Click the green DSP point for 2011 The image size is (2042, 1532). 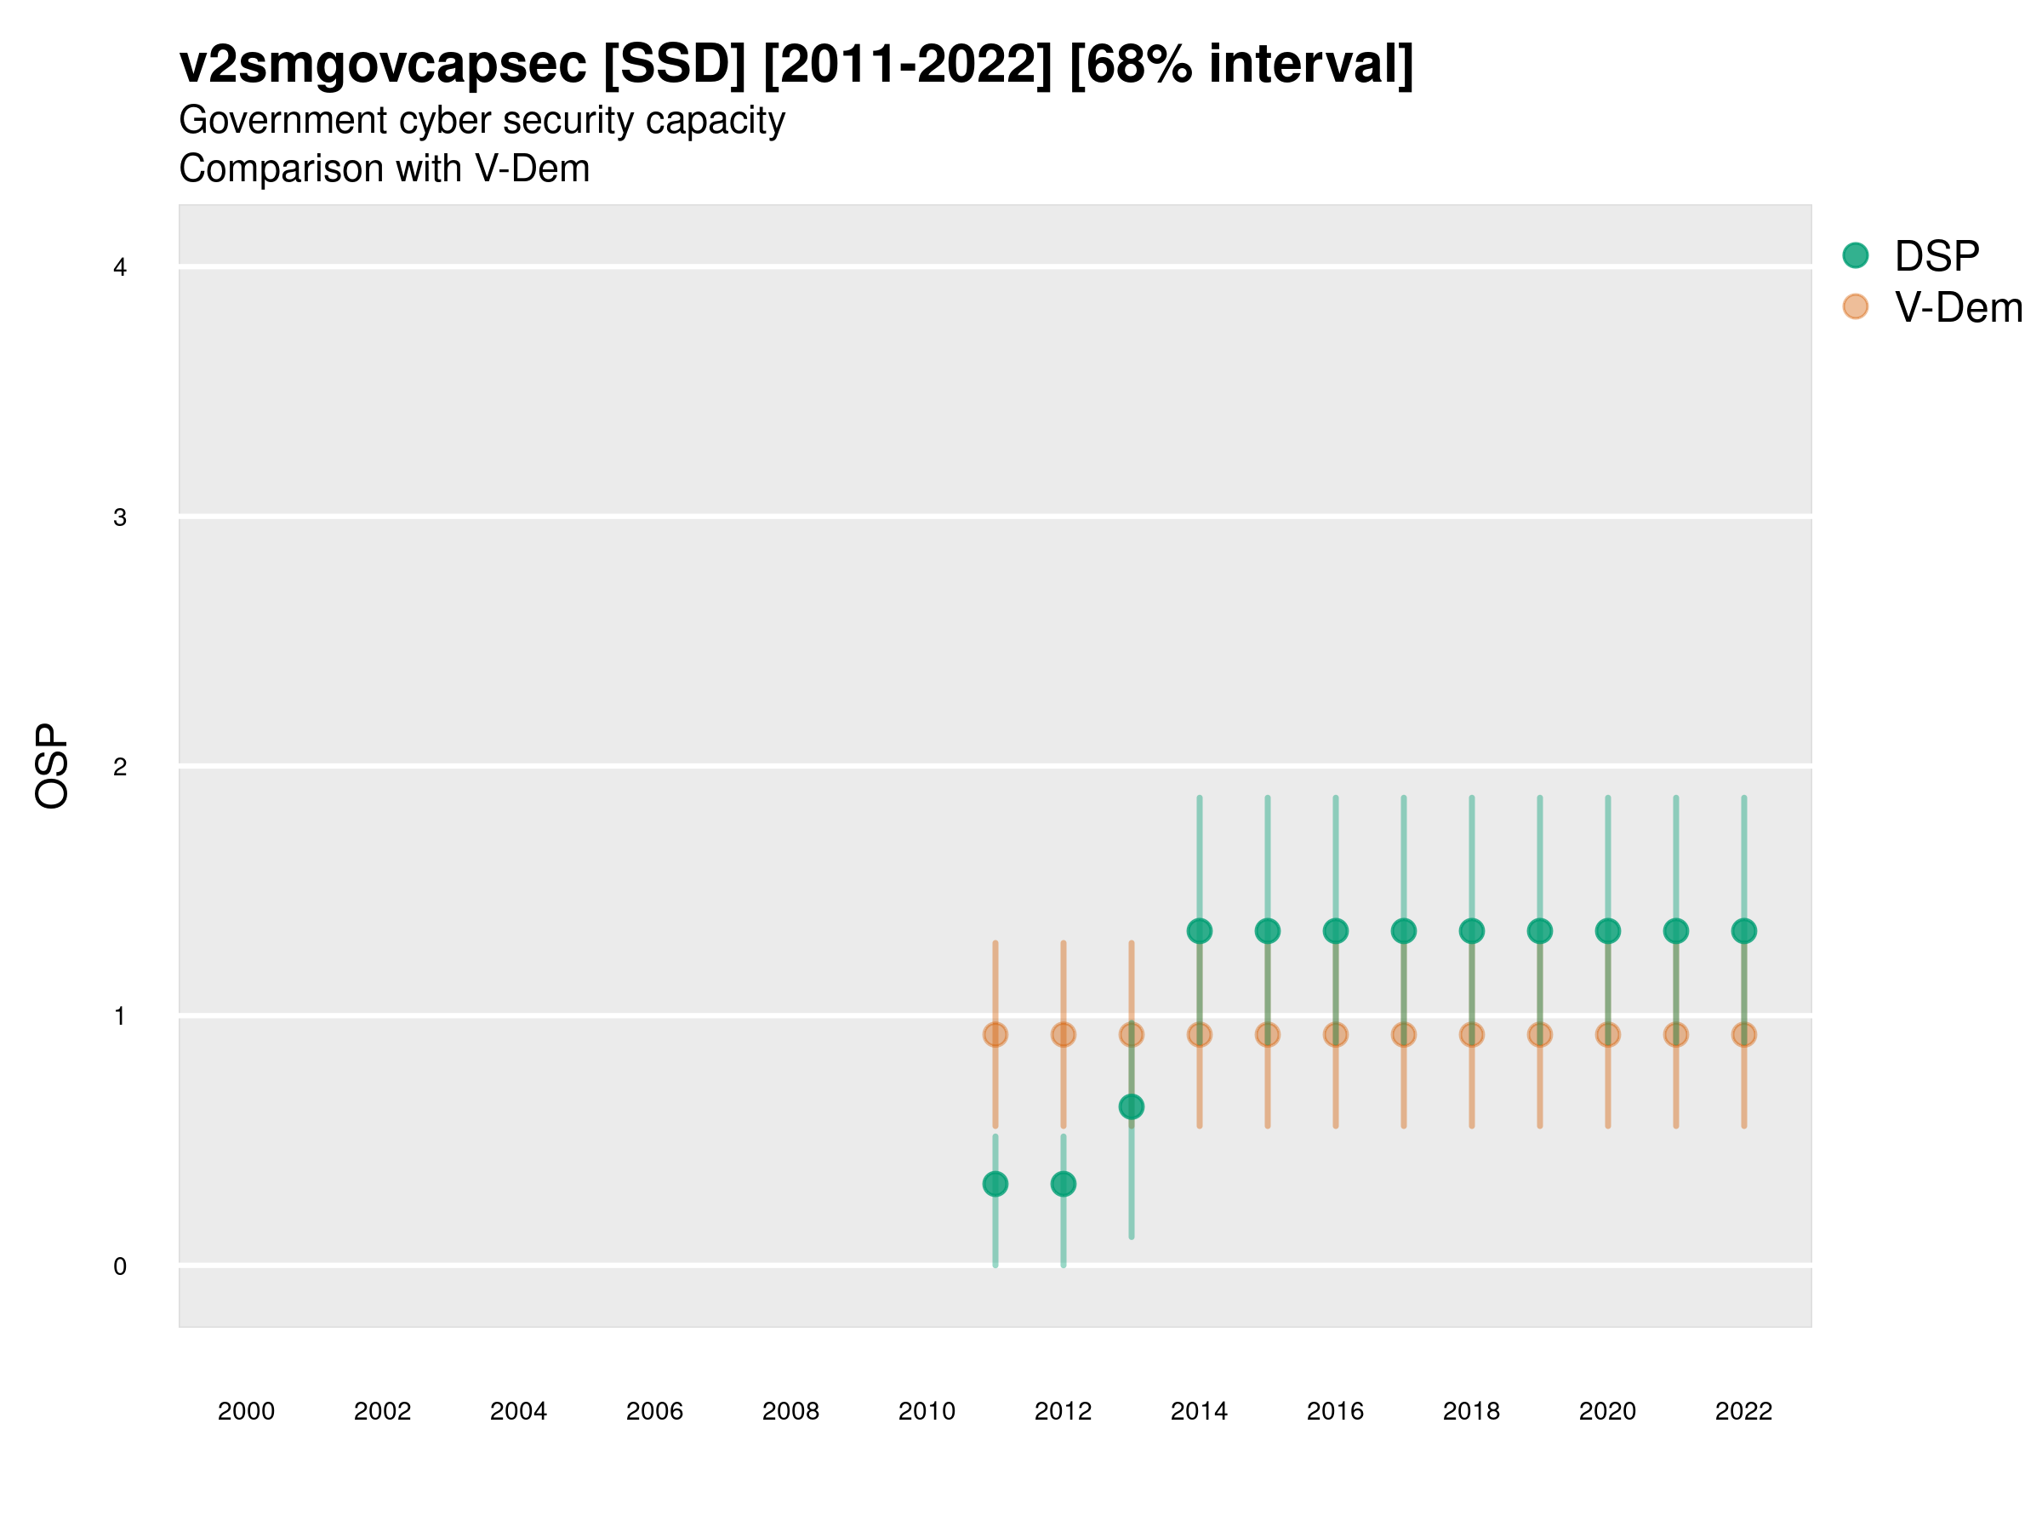[x=995, y=1184]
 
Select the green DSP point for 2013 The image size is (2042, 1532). [x=1131, y=1106]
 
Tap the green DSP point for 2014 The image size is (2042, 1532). [x=1199, y=931]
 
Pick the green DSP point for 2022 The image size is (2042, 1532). [x=1744, y=931]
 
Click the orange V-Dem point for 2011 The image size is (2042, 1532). [x=995, y=1034]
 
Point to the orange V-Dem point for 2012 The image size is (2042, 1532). [x=1064, y=1034]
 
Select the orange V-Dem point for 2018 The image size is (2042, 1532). [x=1471, y=1034]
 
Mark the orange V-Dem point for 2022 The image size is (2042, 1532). [x=1744, y=1034]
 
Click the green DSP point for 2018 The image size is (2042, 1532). [x=1471, y=931]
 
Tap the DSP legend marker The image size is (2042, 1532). [x=1856, y=254]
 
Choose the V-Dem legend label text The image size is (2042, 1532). [x=1958, y=307]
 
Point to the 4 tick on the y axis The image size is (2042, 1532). [x=120, y=268]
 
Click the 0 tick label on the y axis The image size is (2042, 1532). [x=120, y=1266]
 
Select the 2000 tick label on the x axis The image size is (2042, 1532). [x=247, y=1411]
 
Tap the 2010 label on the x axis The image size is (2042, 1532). [x=927, y=1411]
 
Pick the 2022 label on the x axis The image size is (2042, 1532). [x=1744, y=1411]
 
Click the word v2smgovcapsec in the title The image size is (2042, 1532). [x=383, y=65]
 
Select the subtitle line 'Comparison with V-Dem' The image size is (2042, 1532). [x=384, y=169]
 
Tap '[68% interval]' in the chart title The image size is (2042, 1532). [x=1241, y=65]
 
